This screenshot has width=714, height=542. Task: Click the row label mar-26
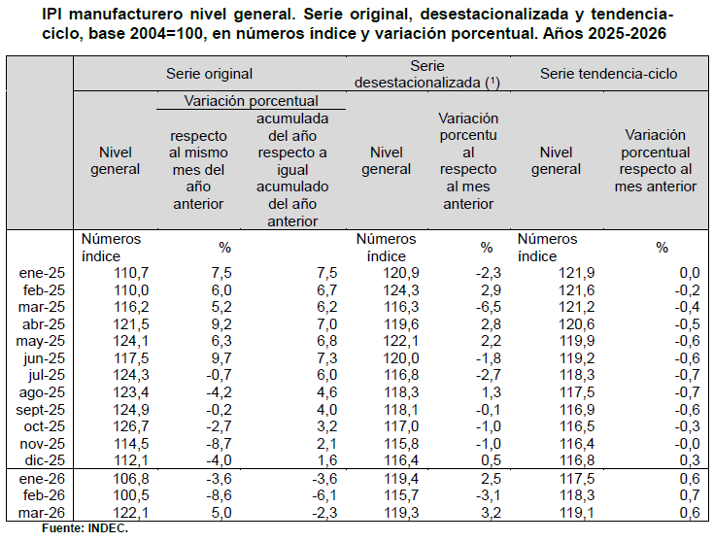click(42, 513)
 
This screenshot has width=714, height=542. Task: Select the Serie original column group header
click(209, 74)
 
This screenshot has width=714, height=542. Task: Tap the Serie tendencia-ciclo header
click(609, 74)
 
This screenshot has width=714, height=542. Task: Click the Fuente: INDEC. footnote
click(85, 528)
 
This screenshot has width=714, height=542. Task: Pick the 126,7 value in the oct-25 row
click(131, 426)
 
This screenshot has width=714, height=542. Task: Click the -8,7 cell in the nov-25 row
click(219, 444)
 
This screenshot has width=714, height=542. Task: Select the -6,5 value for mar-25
click(488, 307)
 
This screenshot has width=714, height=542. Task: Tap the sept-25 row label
click(41, 410)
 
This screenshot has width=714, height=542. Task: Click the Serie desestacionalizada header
click(427, 74)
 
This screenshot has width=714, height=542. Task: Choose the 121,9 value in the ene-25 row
click(576, 273)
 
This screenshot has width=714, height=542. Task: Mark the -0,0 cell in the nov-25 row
click(687, 444)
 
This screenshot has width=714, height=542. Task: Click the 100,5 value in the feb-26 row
click(131, 495)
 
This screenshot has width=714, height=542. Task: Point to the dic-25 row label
click(45, 460)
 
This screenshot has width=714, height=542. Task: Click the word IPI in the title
click(51, 15)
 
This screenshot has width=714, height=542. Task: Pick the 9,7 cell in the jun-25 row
click(221, 358)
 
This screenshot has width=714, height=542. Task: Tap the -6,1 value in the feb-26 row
click(324, 495)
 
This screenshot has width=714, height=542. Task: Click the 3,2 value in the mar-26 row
click(491, 513)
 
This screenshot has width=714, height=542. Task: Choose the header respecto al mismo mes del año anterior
click(198, 169)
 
